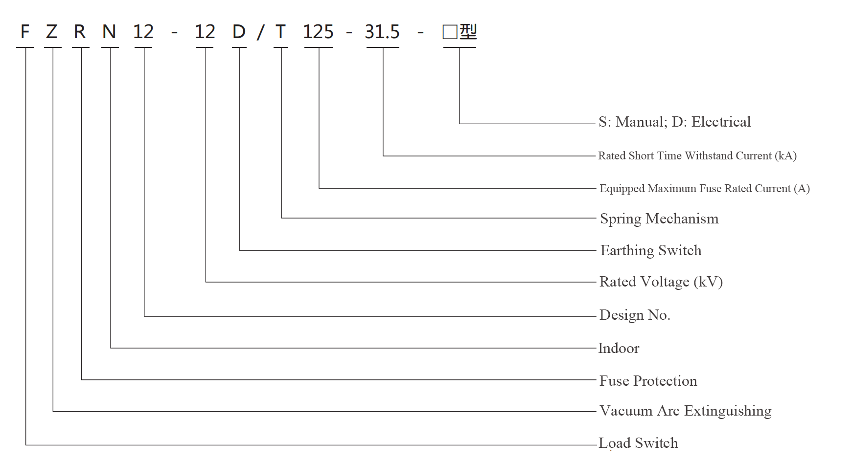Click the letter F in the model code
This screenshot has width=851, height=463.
pos(25,32)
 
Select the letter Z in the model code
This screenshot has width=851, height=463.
pos(51,32)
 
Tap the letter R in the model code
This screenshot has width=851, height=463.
pos(80,32)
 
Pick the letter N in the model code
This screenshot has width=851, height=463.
pos(109,32)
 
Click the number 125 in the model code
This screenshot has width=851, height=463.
pos(318,32)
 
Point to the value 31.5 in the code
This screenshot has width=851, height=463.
pos(382,32)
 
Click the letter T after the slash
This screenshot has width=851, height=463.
pos(280,32)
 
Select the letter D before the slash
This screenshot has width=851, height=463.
pos(239,32)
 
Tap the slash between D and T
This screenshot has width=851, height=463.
pos(260,32)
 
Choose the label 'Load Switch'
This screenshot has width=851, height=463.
pos(638,443)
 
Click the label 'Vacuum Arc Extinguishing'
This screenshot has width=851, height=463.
pos(686,411)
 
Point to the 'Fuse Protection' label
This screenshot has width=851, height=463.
pos(648,381)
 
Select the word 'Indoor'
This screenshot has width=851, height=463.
pos(619,348)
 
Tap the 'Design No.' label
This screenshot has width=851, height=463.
pos(635,315)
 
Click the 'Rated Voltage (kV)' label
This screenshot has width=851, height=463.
pos(661,282)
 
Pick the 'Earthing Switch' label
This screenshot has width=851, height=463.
pos(651,250)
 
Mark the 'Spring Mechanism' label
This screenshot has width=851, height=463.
pos(659,219)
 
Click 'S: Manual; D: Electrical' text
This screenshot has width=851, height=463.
pos(675,122)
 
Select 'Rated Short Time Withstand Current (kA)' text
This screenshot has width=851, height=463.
pos(697,155)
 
